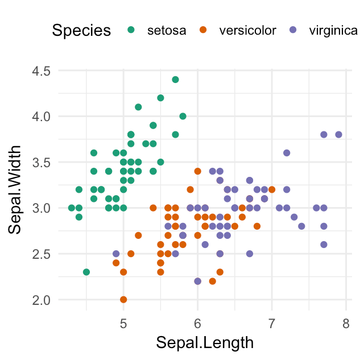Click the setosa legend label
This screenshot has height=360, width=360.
(x=166, y=31)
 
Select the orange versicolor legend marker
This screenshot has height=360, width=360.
(x=205, y=30)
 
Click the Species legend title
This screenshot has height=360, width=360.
(x=81, y=31)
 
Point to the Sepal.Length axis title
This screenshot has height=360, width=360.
(x=197, y=343)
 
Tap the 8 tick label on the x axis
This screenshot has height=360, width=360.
(x=346, y=324)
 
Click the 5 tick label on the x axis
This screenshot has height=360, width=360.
(x=123, y=324)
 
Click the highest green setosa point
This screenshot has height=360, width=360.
(x=175, y=80)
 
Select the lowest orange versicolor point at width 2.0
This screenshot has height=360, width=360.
(x=123, y=299)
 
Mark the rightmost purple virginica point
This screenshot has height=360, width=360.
(x=338, y=135)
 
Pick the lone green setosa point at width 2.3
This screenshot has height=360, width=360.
(x=86, y=272)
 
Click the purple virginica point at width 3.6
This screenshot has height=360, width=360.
(x=287, y=153)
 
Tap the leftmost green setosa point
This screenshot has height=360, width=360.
(x=72, y=208)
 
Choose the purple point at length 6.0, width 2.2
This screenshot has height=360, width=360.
(x=197, y=281)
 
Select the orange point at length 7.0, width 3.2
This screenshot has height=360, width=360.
(x=272, y=189)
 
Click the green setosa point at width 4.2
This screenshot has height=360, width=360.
(x=160, y=98)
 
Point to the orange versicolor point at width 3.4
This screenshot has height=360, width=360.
(x=197, y=171)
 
